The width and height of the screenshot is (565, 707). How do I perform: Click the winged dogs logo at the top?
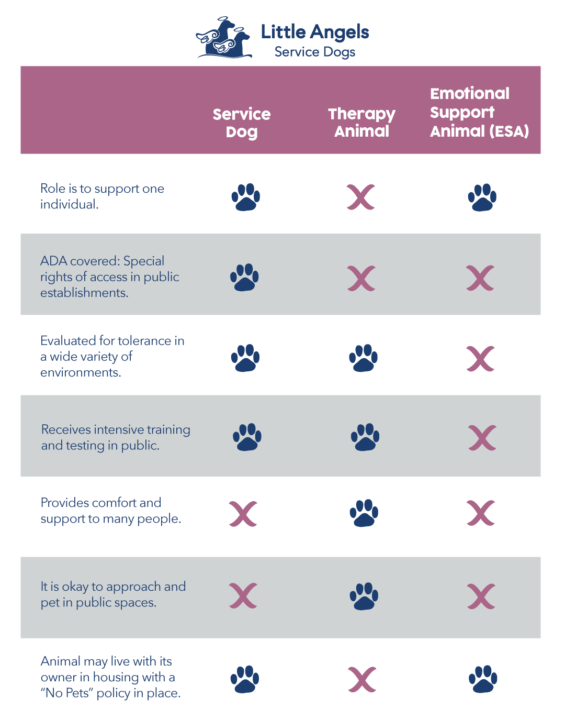click(224, 38)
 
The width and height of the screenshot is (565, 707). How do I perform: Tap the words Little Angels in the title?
click(315, 32)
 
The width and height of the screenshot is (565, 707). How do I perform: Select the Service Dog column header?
click(242, 123)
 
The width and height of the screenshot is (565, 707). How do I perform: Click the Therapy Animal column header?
click(362, 123)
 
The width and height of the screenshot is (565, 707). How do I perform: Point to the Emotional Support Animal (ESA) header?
click(479, 113)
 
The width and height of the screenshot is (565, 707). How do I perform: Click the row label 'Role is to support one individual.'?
click(102, 196)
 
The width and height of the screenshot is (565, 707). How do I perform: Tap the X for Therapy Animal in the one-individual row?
click(361, 197)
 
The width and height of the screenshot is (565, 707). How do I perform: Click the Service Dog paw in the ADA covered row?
click(244, 277)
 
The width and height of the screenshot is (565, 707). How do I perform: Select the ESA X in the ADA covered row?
click(480, 278)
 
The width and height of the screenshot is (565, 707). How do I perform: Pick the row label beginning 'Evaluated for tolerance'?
click(112, 357)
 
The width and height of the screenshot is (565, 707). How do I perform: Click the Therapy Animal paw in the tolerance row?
click(363, 358)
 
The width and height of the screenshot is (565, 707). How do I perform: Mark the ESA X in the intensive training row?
click(482, 438)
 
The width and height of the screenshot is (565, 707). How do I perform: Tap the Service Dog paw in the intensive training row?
click(247, 437)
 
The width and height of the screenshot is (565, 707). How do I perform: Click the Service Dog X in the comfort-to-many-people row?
click(243, 514)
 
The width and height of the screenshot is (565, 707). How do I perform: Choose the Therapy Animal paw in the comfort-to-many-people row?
click(364, 513)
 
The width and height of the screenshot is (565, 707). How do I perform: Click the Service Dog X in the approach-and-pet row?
click(243, 595)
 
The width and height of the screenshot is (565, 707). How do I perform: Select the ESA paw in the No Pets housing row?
click(482, 679)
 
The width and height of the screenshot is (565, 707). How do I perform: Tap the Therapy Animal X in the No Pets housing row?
click(362, 679)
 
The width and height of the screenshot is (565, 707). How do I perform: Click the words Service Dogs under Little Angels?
click(315, 52)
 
